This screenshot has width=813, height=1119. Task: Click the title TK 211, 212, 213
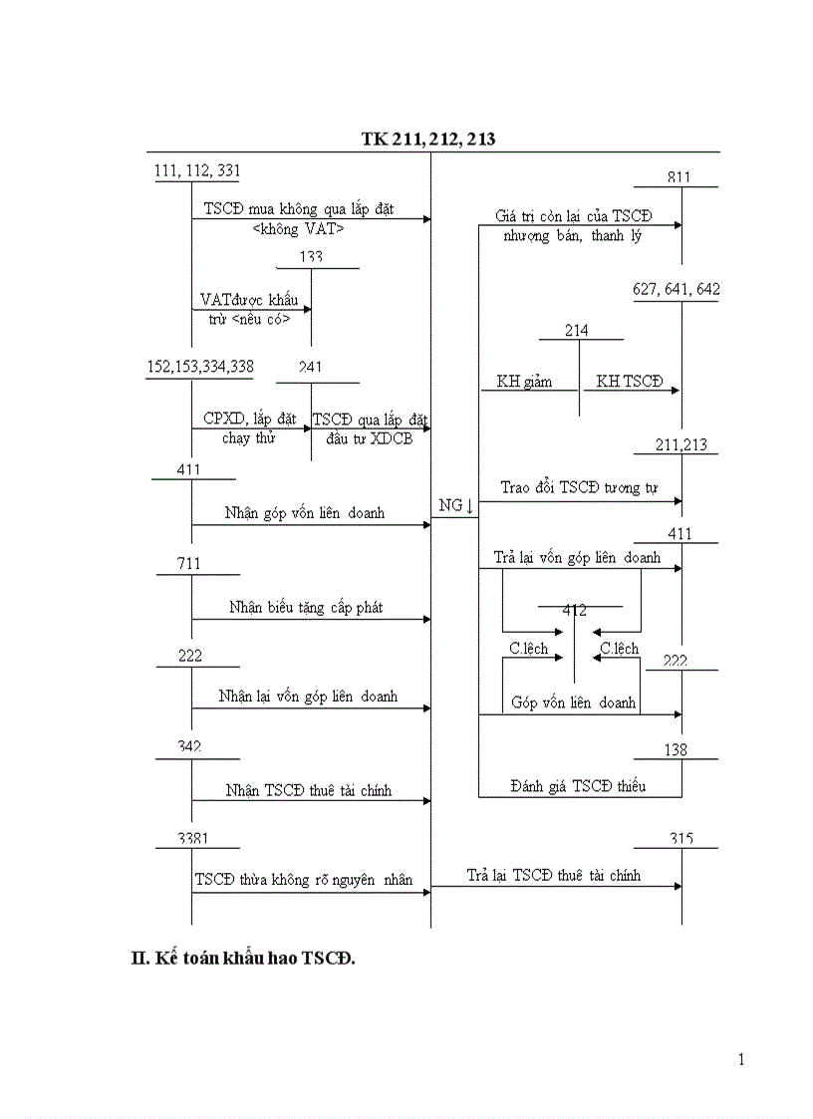428,140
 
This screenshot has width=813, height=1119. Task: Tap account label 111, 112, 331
197,170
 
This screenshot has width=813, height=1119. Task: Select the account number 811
678,177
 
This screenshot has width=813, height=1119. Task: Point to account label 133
311,257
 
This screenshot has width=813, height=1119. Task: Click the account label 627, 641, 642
676,290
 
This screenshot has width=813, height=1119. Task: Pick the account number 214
576,330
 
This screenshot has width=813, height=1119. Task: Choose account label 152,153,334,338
199,367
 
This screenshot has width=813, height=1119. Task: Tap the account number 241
310,368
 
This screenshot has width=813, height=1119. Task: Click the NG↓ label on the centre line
455,506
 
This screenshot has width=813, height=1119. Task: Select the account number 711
189,564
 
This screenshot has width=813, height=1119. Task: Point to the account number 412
574,610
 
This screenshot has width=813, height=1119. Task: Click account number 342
188,746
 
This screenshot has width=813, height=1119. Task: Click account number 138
676,749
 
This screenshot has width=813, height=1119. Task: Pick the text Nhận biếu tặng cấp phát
305,607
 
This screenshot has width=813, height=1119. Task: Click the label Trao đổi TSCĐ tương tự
577,488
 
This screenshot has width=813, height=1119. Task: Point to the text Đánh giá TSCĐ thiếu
577,786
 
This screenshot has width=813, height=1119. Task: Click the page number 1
740,1059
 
